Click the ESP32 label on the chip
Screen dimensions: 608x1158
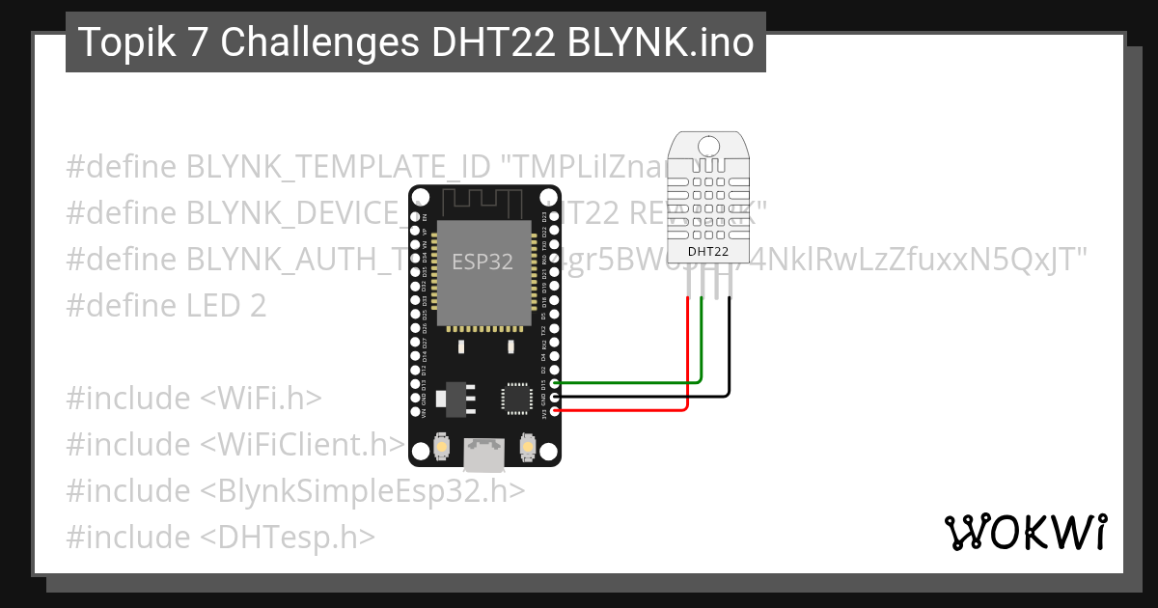[482, 262]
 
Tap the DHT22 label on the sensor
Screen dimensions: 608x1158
[707, 253]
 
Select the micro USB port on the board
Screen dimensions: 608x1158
[483, 453]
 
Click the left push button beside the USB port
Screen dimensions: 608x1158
[440, 447]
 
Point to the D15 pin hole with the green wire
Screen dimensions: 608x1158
[555, 383]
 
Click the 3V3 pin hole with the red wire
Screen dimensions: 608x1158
[555, 411]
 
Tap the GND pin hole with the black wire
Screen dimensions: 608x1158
[555, 397]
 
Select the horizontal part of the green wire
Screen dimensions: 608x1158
[627, 383]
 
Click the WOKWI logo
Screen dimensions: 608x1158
[1026, 532]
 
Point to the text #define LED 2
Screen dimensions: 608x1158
[166, 305]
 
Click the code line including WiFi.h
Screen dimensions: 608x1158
[193, 398]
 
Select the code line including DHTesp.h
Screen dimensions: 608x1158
[220, 537]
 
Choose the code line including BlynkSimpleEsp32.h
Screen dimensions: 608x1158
[295, 490]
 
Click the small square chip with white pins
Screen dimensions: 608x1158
[516, 399]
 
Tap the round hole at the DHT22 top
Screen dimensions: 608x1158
[708, 146]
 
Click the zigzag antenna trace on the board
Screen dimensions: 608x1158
[482, 203]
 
